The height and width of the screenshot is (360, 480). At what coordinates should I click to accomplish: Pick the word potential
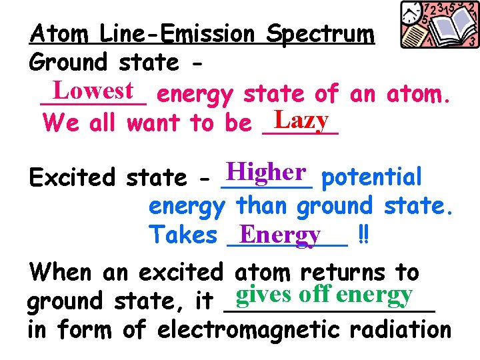coord(371,177)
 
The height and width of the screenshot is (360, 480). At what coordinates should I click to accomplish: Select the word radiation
coord(407,329)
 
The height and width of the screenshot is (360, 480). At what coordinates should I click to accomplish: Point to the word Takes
coord(183,235)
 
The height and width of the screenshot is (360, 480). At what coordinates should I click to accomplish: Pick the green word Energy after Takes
coord(280,234)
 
